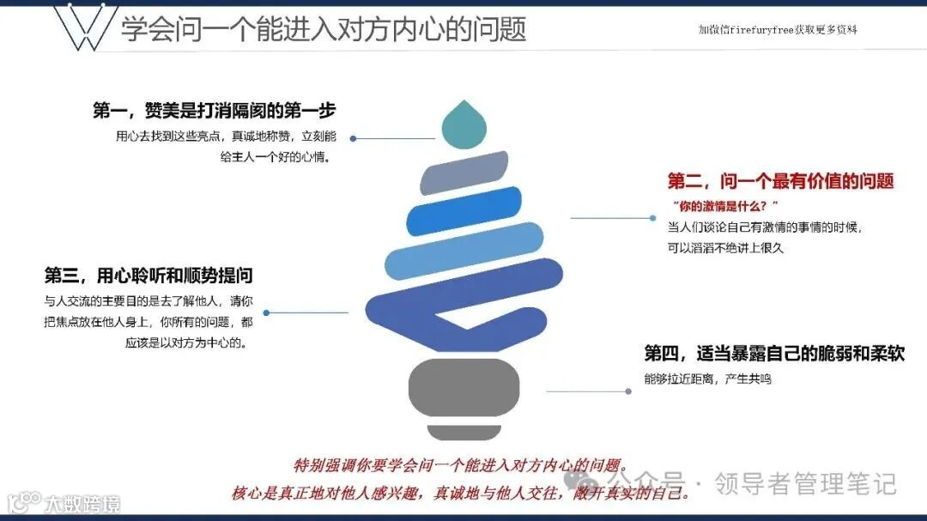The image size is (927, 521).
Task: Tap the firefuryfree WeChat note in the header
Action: (x=777, y=29)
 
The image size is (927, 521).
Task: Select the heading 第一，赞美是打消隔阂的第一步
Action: (x=214, y=111)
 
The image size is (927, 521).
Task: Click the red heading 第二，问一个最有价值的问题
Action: (x=780, y=180)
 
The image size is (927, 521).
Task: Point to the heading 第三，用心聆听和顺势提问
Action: (x=148, y=276)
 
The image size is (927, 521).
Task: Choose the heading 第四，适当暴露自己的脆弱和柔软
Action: (x=774, y=354)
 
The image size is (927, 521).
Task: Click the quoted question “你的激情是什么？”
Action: (x=725, y=205)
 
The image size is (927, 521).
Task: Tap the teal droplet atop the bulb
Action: (x=465, y=123)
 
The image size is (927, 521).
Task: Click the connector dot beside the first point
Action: (x=353, y=138)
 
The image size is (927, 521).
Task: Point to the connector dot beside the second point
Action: (x=653, y=218)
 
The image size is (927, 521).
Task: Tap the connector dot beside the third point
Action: (x=267, y=313)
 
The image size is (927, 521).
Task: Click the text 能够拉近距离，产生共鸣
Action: (x=707, y=379)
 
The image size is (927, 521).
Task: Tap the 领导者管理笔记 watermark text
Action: (x=805, y=483)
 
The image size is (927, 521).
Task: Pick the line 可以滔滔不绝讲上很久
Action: (x=725, y=248)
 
